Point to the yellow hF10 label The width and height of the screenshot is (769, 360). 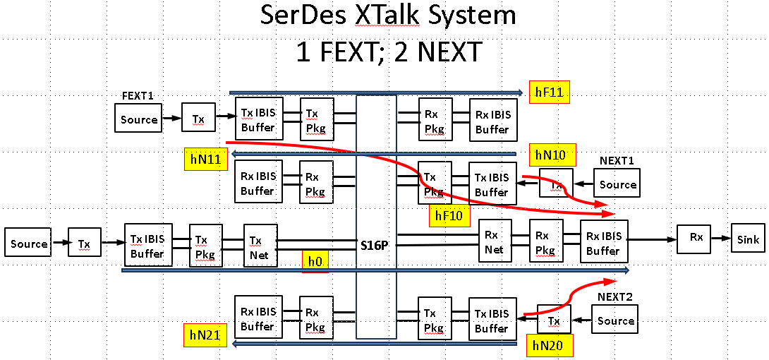(x=449, y=216)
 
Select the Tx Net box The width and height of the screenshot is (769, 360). (x=260, y=247)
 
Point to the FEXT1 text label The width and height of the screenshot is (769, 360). (x=138, y=95)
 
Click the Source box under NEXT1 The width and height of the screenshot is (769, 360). (x=618, y=184)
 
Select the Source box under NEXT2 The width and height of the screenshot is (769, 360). (x=616, y=320)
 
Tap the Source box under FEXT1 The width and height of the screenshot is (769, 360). (x=138, y=119)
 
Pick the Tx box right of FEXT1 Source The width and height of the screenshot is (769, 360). (x=199, y=119)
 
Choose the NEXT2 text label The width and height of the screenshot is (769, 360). (x=616, y=297)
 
